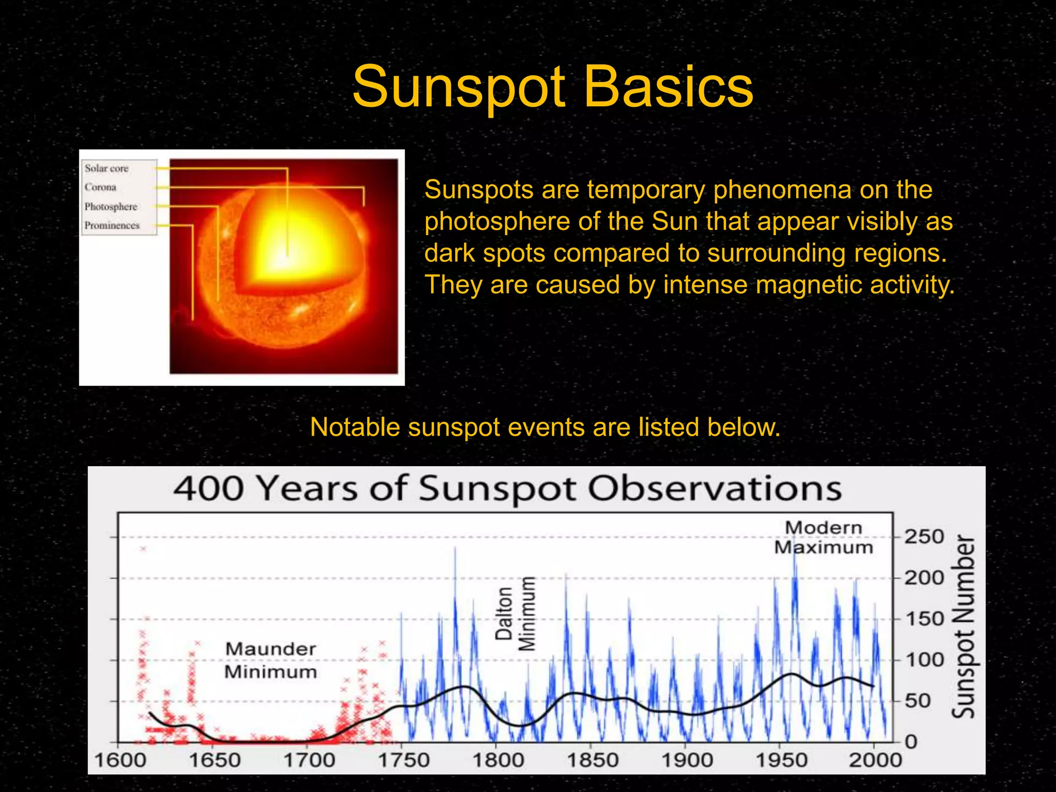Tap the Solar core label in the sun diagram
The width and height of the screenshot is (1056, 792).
point(107,169)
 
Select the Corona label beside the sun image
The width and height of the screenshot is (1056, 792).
point(101,187)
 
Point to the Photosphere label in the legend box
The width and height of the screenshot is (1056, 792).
point(111,207)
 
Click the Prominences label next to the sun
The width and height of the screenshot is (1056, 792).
point(112,226)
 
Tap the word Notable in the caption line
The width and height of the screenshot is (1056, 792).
point(355,427)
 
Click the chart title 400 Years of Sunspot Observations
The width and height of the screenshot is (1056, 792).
point(507,488)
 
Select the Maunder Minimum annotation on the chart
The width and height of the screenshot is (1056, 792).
point(271,661)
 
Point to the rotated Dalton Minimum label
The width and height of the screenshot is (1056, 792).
point(516,614)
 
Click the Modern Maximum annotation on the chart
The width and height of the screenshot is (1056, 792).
point(823,538)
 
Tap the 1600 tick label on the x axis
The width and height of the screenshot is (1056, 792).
point(120,760)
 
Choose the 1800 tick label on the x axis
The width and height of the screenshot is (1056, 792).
point(498,760)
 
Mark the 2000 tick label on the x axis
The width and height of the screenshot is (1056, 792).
point(875,760)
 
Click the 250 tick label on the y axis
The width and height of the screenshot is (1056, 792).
point(925,537)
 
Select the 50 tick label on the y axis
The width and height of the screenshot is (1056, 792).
point(918,701)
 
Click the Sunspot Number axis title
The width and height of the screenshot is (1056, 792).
point(963,626)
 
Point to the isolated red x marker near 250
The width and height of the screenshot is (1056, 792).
point(143,549)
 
